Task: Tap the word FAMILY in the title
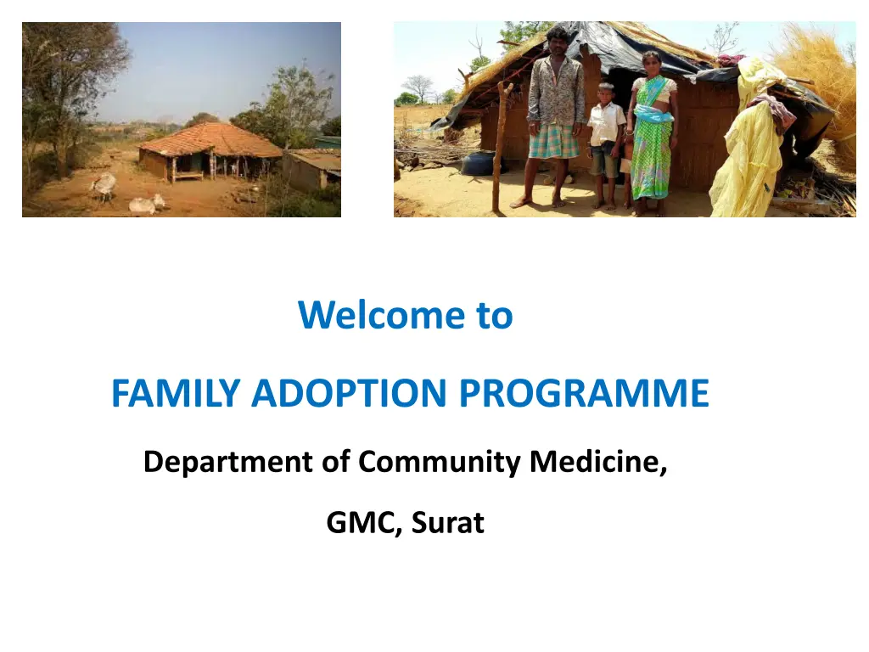176,393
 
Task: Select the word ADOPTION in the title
349,393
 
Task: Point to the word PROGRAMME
584,393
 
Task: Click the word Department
228,462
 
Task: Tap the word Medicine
598,462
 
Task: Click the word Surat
448,522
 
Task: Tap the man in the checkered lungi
555,116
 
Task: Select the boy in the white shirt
606,145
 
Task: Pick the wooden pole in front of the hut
501,147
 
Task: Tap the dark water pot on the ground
478,163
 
